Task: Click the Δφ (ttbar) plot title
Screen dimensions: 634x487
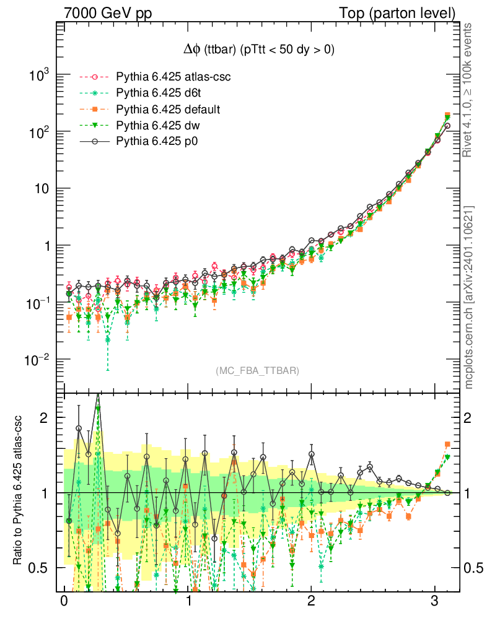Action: coord(255,51)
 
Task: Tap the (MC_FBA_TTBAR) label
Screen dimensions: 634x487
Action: coord(258,371)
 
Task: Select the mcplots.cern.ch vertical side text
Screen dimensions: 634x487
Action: coord(468,297)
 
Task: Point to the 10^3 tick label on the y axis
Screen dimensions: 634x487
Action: coord(38,75)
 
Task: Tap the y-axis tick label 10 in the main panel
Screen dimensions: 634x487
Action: coord(42,189)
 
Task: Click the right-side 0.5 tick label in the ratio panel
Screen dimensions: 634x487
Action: coord(475,567)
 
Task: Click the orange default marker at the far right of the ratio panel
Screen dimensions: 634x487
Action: coord(447,444)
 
